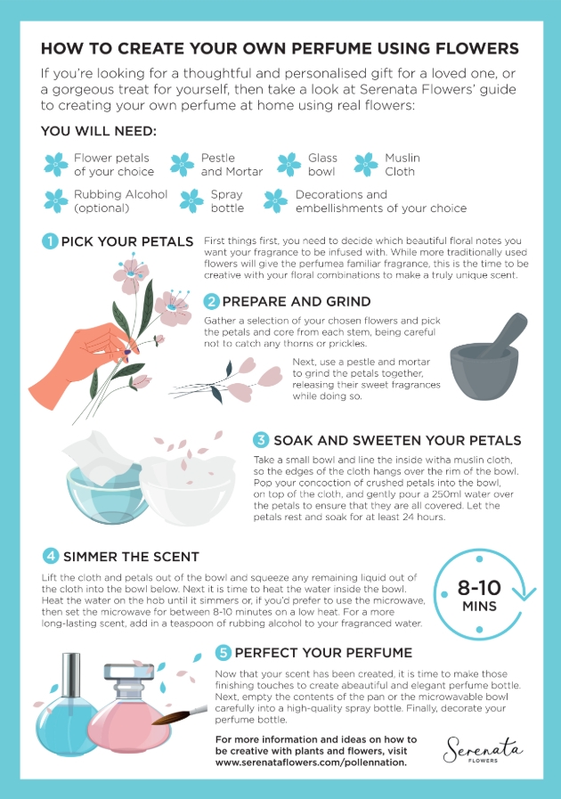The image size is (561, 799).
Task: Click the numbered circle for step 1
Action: click(50, 241)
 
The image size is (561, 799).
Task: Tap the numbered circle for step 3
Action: click(261, 440)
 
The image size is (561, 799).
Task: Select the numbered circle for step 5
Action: click(224, 652)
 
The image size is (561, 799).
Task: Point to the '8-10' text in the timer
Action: click(479, 588)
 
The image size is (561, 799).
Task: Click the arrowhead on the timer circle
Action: click(524, 594)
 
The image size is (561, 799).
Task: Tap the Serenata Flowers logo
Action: click(483, 750)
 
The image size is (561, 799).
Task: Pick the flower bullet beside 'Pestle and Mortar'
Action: click(182, 164)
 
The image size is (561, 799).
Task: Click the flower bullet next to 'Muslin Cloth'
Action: click(366, 164)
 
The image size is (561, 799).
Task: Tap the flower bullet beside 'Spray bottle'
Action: click(191, 200)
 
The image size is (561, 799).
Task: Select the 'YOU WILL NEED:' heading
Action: click(99, 131)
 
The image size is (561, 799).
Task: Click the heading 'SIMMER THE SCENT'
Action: click(131, 557)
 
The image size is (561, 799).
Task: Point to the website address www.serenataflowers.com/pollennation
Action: click(311, 762)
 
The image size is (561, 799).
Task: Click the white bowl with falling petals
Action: click(187, 489)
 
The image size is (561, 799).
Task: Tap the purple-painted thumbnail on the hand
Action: click(127, 352)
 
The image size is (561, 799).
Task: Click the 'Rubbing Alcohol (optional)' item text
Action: click(120, 200)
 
